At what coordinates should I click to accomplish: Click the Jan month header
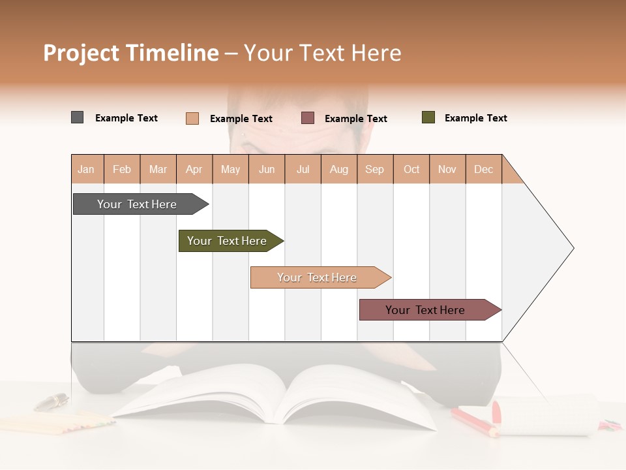(x=86, y=170)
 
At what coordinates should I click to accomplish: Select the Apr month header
(x=194, y=170)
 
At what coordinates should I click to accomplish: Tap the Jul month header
(x=303, y=170)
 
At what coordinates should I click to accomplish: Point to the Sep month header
(x=374, y=170)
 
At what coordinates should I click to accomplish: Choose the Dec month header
(x=483, y=170)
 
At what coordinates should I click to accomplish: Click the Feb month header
(x=122, y=170)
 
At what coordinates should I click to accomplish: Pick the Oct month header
(x=411, y=170)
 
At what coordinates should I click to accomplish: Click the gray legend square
(x=78, y=117)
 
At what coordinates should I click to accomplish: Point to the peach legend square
(x=192, y=118)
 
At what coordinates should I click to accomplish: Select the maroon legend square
(x=308, y=118)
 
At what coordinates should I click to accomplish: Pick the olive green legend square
(x=428, y=117)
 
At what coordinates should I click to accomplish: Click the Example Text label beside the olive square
(x=475, y=118)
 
